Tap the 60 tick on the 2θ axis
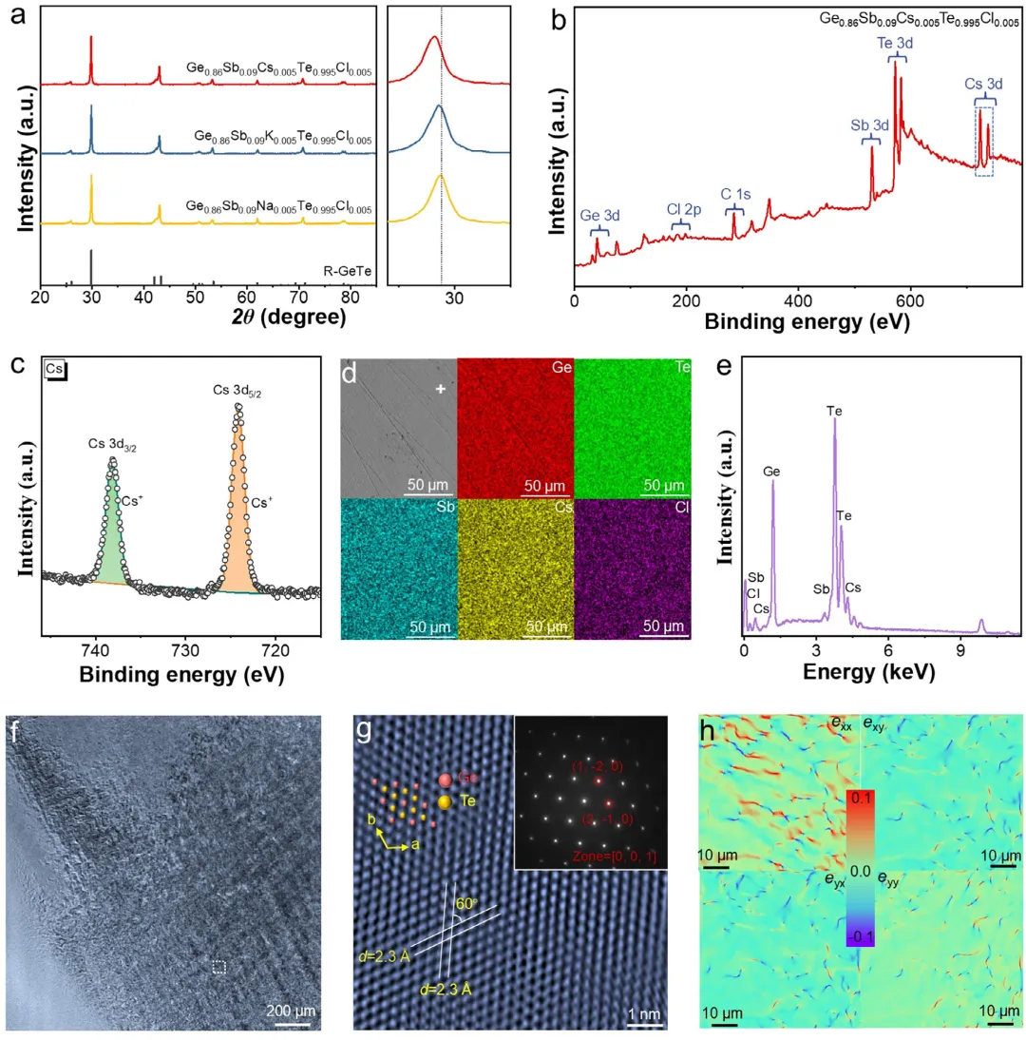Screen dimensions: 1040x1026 248,297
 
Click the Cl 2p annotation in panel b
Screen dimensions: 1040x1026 680,208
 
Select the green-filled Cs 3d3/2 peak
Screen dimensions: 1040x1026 113,532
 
